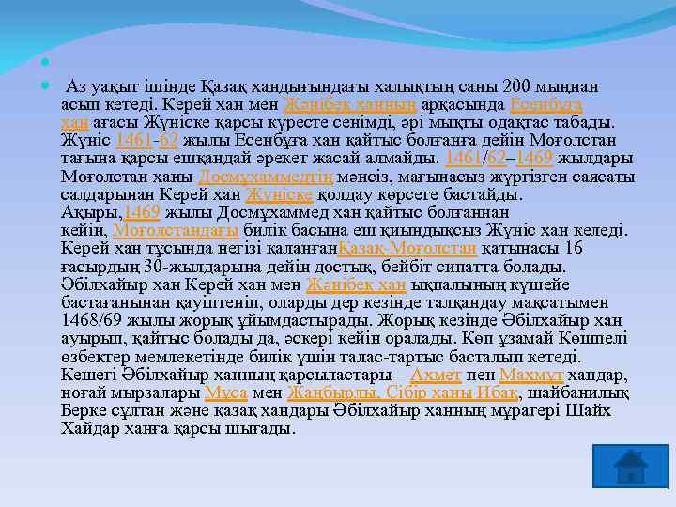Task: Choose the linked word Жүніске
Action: pos(279,194)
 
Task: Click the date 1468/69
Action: pos(88,319)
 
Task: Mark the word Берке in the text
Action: pos(82,409)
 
